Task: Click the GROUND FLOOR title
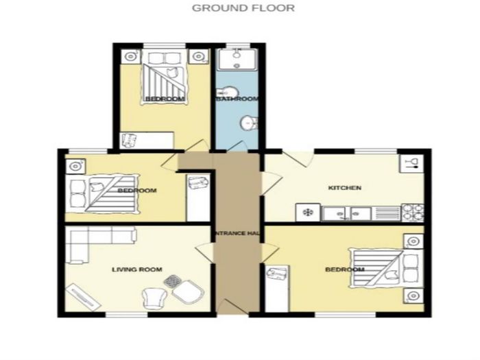pyautogui.click(x=243, y=8)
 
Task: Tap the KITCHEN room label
pyautogui.click(x=345, y=188)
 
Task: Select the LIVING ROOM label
pyautogui.click(x=137, y=269)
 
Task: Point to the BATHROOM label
pyautogui.click(x=237, y=99)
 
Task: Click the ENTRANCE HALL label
pyautogui.click(x=237, y=233)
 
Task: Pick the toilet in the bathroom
pyautogui.click(x=226, y=92)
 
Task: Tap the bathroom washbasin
pyautogui.click(x=249, y=123)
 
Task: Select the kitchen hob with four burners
pyautogui.click(x=413, y=212)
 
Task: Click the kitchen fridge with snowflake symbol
pyautogui.click(x=308, y=212)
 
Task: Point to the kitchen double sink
pyautogui.click(x=347, y=213)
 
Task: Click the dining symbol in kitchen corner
pyautogui.click(x=411, y=163)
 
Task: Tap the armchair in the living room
pyautogui.click(x=154, y=298)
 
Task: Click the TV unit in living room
pyautogui.click(x=84, y=297)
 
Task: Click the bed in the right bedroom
pyautogui.click(x=386, y=268)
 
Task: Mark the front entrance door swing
pyautogui.click(x=232, y=307)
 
